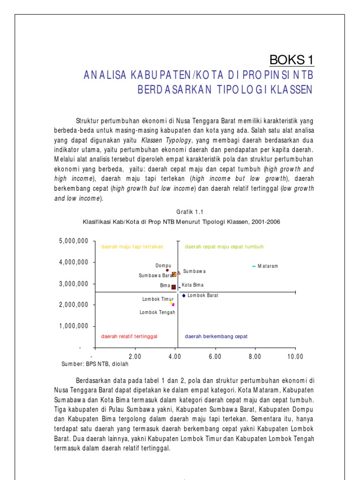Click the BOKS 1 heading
coord(291,60)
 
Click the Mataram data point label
coord(268,266)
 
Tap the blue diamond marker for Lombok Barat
coord(184,295)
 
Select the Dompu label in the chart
coord(163,266)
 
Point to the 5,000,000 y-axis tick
coord(74,241)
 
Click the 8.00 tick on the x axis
coord(255,357)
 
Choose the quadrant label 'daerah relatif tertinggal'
coord(129,337)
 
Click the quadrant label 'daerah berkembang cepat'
coord(216,337)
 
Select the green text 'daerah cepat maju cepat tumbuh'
coord(224,247)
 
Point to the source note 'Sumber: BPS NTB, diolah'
coord(95,363)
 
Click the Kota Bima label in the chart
coord(193,285)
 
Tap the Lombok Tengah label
coord(155,312)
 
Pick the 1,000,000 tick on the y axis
coord(74,326)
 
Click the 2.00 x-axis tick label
coord(135,357)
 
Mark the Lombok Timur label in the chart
coord(155,299)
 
